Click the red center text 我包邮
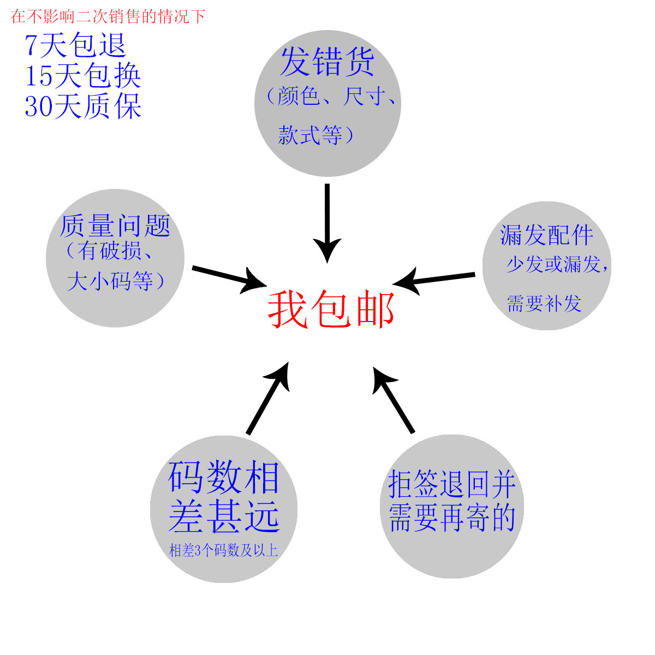tap(331, 309)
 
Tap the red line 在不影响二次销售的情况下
tap(108, 16)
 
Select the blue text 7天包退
tap(75, 45)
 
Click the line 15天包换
tap(83, 75)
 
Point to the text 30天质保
tap(83, 106)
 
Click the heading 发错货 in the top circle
tap(327, 62)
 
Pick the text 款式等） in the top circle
tap(316, 135)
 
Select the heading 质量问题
tap(115, 226)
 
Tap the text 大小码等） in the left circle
tap(116, 282)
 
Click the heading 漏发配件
tap(546, 235)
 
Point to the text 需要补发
tap(544, 303)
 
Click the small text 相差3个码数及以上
tap(223, 550)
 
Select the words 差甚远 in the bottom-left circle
tap(224, 516)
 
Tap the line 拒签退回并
tap(452, 484)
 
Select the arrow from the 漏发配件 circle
tap(434, 279)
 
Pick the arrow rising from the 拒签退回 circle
tap(394, 401)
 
